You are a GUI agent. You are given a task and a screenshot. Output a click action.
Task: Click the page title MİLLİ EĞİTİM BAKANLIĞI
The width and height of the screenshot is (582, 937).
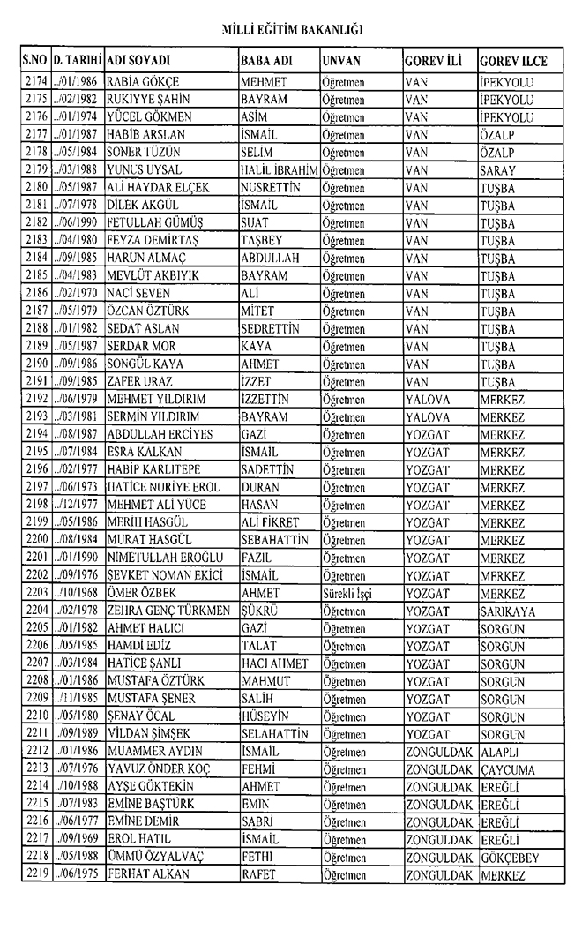pos(290,31)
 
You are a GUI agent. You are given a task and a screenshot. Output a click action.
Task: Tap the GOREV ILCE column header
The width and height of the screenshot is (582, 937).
pos(513,62)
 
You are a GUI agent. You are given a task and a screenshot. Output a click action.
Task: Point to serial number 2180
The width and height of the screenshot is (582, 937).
pos(36,186)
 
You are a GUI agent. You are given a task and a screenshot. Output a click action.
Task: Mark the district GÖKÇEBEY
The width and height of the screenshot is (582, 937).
pos(510,857)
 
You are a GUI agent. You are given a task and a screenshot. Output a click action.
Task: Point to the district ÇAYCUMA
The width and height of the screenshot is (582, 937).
pos(508,769)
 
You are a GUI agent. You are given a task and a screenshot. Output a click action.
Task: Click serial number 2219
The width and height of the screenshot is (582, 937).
pos(36,874)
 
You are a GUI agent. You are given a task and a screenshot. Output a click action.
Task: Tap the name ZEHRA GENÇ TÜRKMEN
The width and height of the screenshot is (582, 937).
pos(168,611)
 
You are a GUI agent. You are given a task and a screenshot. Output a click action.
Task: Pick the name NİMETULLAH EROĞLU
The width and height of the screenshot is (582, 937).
pos(164,558)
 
